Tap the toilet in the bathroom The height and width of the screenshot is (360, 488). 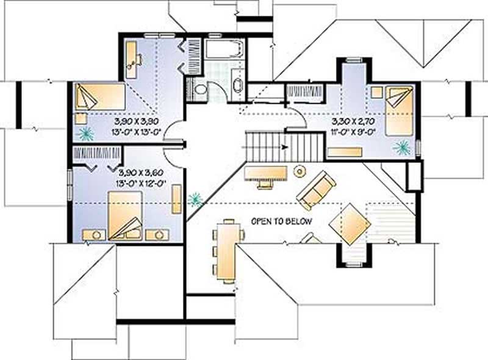click(x=200, y=90)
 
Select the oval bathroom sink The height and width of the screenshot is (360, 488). click(x=238, y=85)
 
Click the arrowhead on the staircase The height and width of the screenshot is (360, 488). click(x=284, y=147)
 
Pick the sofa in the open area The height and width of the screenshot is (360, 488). click(x=316, y=190)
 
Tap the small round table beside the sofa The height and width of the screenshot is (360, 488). click(x=300, y=172)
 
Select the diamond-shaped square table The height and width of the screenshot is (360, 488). click(x=350, y=225)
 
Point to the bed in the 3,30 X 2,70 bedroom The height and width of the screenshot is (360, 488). click(x=398, y=110)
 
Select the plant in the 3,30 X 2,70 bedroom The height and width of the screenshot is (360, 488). click(x=401, y=146)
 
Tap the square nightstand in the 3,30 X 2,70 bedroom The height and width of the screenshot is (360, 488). click(x=376, y=92)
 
